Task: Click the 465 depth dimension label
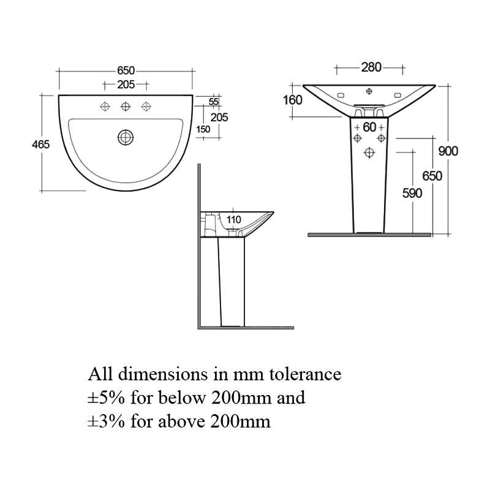pyautogui.click(x=40, y=144)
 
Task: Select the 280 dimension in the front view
pyautogui.click(x=371, y=67)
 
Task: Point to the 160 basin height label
pyautogui.click(x=293, y=99)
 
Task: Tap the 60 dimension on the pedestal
pyautogui.click(x=369, y=127)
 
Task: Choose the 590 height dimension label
pyautogui.click(x=412, y=193)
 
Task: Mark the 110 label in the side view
pyautogui.click(x=233, y=219)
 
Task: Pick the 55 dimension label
pyautogui.click(x=214, y=102)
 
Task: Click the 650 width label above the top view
pyautogui.click(x=126, y=71)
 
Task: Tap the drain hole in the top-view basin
pyautogui.click(x=126, y=137)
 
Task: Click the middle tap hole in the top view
pyautogui.click(x=126, y=107)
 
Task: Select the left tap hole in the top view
pyautogui.click(x=105, y=107)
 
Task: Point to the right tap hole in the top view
pyautogui.click(x=146, y=107)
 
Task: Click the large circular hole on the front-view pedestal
pyautogui.click(x=369, y=152)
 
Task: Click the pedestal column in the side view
pyautogui.click(x=232, y=282)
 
